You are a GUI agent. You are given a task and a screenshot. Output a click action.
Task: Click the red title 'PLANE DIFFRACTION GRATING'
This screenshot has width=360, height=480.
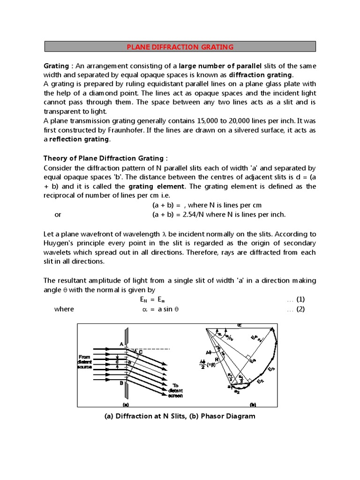click(x=180, y=47)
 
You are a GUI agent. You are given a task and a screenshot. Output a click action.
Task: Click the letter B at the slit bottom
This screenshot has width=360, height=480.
click(x=121, y=383)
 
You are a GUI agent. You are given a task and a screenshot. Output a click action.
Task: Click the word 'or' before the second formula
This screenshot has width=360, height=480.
click(x=58, y=214)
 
